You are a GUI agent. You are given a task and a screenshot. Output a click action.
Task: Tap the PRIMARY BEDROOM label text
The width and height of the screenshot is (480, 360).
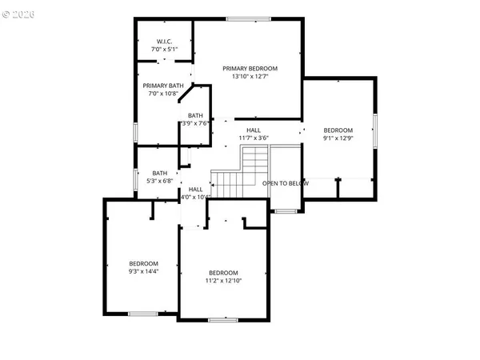250,69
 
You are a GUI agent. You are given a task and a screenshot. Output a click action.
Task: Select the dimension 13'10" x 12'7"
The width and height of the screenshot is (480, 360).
250,77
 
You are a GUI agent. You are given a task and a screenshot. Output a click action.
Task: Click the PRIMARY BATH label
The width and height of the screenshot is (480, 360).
163,86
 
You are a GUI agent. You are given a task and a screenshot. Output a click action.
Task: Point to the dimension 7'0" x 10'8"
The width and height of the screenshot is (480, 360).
163,94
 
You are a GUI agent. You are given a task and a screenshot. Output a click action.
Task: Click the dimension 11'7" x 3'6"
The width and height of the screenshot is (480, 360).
253,138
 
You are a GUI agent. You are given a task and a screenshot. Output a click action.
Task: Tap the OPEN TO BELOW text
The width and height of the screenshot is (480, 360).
286,183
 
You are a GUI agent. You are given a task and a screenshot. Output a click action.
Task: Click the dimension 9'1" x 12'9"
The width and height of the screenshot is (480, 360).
337,138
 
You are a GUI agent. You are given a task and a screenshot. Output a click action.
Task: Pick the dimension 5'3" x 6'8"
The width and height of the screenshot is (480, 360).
160,181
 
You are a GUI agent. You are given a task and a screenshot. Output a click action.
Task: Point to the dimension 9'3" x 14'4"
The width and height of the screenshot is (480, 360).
144,271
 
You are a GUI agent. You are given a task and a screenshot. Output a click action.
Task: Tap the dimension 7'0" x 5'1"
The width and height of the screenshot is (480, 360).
163,50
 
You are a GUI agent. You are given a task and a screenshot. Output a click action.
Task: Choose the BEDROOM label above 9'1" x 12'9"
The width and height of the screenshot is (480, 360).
337,130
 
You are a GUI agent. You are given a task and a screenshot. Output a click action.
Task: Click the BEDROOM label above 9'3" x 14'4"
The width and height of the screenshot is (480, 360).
144,263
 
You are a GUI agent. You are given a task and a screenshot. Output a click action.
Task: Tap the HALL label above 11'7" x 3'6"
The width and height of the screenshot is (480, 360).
253,130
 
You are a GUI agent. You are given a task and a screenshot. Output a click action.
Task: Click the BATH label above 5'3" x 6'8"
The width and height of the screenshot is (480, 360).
160,173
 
